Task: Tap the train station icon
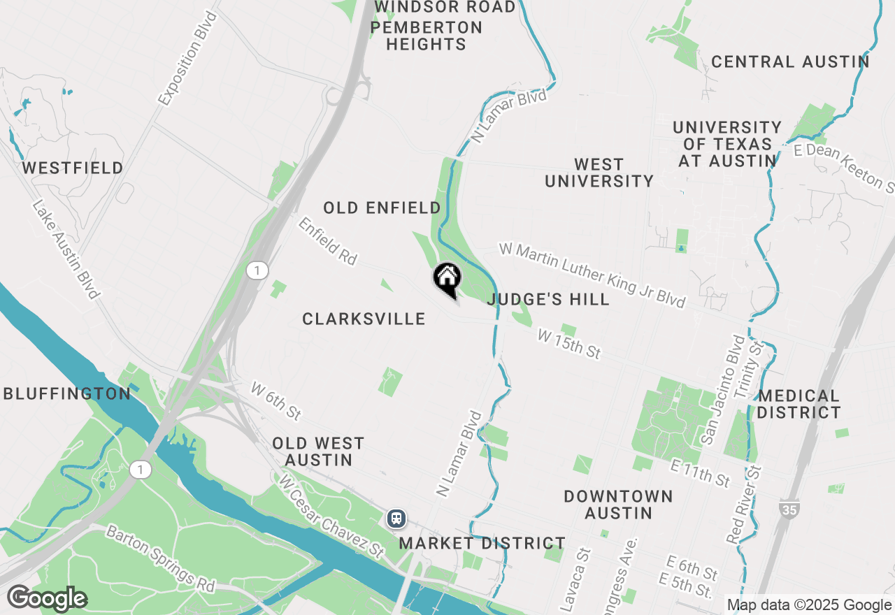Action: click(x=396, y=518)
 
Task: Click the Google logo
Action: click(x=47, y=599)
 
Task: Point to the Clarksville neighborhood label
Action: click(x=364, y=319)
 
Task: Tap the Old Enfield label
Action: click(x=382, y=208)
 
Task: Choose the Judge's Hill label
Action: click(x=548, y=300)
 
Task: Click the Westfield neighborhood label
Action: click(x=73, y=168)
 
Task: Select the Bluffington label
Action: click(x=67, y=394)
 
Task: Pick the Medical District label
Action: click(x=798, y=404)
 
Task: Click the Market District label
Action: click(x=482, y=543)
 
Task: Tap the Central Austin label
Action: click(x=790, y=61)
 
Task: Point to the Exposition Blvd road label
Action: click(x=188, y=59)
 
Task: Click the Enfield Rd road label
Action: click(x=327, y=241)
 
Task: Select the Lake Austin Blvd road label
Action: click(x=66, y=249)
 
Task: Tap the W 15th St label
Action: click(x=569, y=345)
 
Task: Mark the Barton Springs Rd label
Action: click(x=160, y=559)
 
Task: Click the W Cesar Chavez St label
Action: click(x=331, y=515)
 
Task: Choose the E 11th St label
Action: click(x=700, y=474)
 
